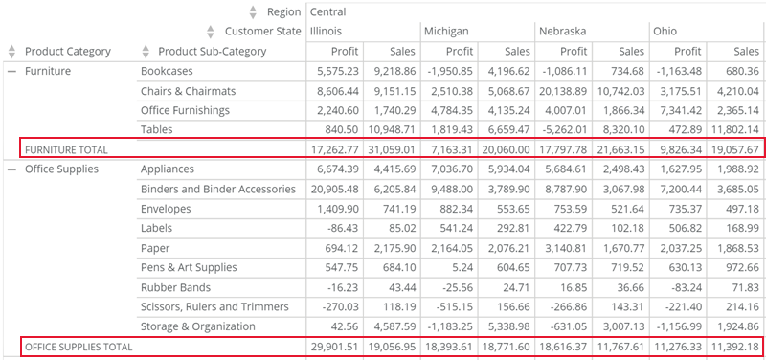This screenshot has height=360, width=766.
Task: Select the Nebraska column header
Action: click(x=560, y=32)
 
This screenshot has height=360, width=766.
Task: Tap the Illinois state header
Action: click(x=329, y=32)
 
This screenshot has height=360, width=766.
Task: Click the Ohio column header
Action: click(x=665, y=32)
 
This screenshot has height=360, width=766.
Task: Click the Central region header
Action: click(x=327, y=12)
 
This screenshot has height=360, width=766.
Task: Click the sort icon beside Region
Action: click(x=253, y=12)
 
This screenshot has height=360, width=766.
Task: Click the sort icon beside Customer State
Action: click(x=210, y=32)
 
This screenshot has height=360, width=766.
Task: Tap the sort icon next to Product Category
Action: click(x=11, y=51)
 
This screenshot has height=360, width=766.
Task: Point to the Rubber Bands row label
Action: click(x=177, y=287)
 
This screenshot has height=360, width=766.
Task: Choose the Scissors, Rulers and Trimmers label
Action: click(x=214, y=306)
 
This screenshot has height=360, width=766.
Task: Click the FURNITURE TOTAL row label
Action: click(x=66, y=149)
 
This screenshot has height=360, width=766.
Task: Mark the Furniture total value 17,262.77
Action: click(x=331, y=149)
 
